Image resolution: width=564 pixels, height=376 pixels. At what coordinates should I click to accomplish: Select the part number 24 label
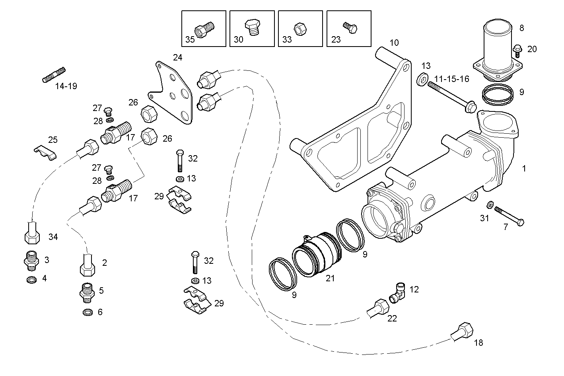177,58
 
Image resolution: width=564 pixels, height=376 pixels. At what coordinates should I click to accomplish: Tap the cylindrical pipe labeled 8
499,44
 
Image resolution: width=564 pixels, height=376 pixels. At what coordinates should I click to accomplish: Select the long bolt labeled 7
509,216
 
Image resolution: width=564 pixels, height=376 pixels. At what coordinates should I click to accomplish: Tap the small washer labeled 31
490,205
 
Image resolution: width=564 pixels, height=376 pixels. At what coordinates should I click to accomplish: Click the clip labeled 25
45,152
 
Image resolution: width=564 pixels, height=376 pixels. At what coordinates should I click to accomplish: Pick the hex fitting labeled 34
32,234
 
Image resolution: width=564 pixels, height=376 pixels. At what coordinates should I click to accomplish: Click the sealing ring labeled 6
87,312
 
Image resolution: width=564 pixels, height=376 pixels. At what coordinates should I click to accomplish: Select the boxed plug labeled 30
251,27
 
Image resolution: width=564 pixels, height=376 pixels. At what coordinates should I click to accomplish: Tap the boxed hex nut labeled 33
299,29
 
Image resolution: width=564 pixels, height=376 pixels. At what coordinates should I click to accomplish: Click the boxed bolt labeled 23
350,27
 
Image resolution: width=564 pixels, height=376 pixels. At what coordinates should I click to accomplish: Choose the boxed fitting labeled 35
204,29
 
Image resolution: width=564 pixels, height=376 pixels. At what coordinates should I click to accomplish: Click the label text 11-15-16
451,79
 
